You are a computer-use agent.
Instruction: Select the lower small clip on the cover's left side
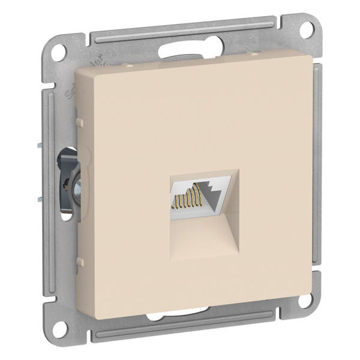[x=80, y=261]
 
